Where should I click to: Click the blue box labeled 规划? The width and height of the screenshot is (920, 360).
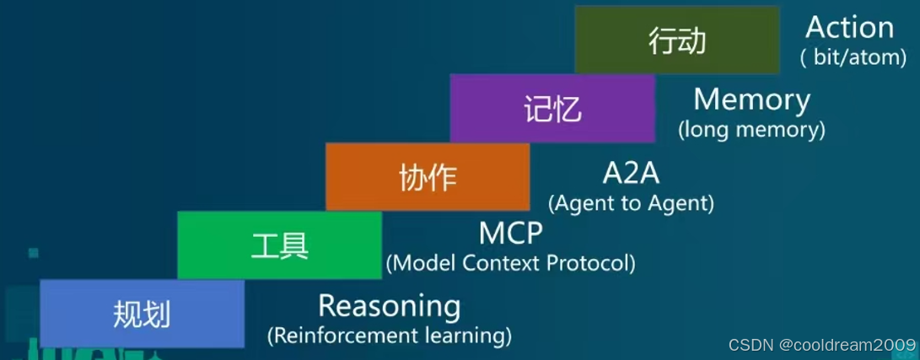pos(142,314)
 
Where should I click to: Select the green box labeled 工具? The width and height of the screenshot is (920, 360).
pos(279,245)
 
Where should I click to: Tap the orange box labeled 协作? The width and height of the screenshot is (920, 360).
pos(428,176)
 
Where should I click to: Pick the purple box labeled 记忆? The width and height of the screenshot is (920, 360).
pos(552,108)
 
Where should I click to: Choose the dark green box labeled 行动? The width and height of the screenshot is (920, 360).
pos(676,40)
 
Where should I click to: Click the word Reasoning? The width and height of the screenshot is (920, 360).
pos(389,305)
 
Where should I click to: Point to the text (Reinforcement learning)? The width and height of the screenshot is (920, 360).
pos(389,336)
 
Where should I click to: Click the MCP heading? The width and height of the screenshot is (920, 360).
pos(510,232)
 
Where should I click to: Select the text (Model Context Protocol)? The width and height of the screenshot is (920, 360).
pos(510,263)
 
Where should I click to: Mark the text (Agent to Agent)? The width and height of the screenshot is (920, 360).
pos(631,203)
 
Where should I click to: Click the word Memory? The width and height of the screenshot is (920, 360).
pos(751,99)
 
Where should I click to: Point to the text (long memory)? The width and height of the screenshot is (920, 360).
pos(751,130)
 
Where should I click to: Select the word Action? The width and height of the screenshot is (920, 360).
pos(849,27)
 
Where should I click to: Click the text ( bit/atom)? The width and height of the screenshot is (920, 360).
pos(853,57)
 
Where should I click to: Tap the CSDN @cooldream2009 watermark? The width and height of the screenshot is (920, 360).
pos(821,344)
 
